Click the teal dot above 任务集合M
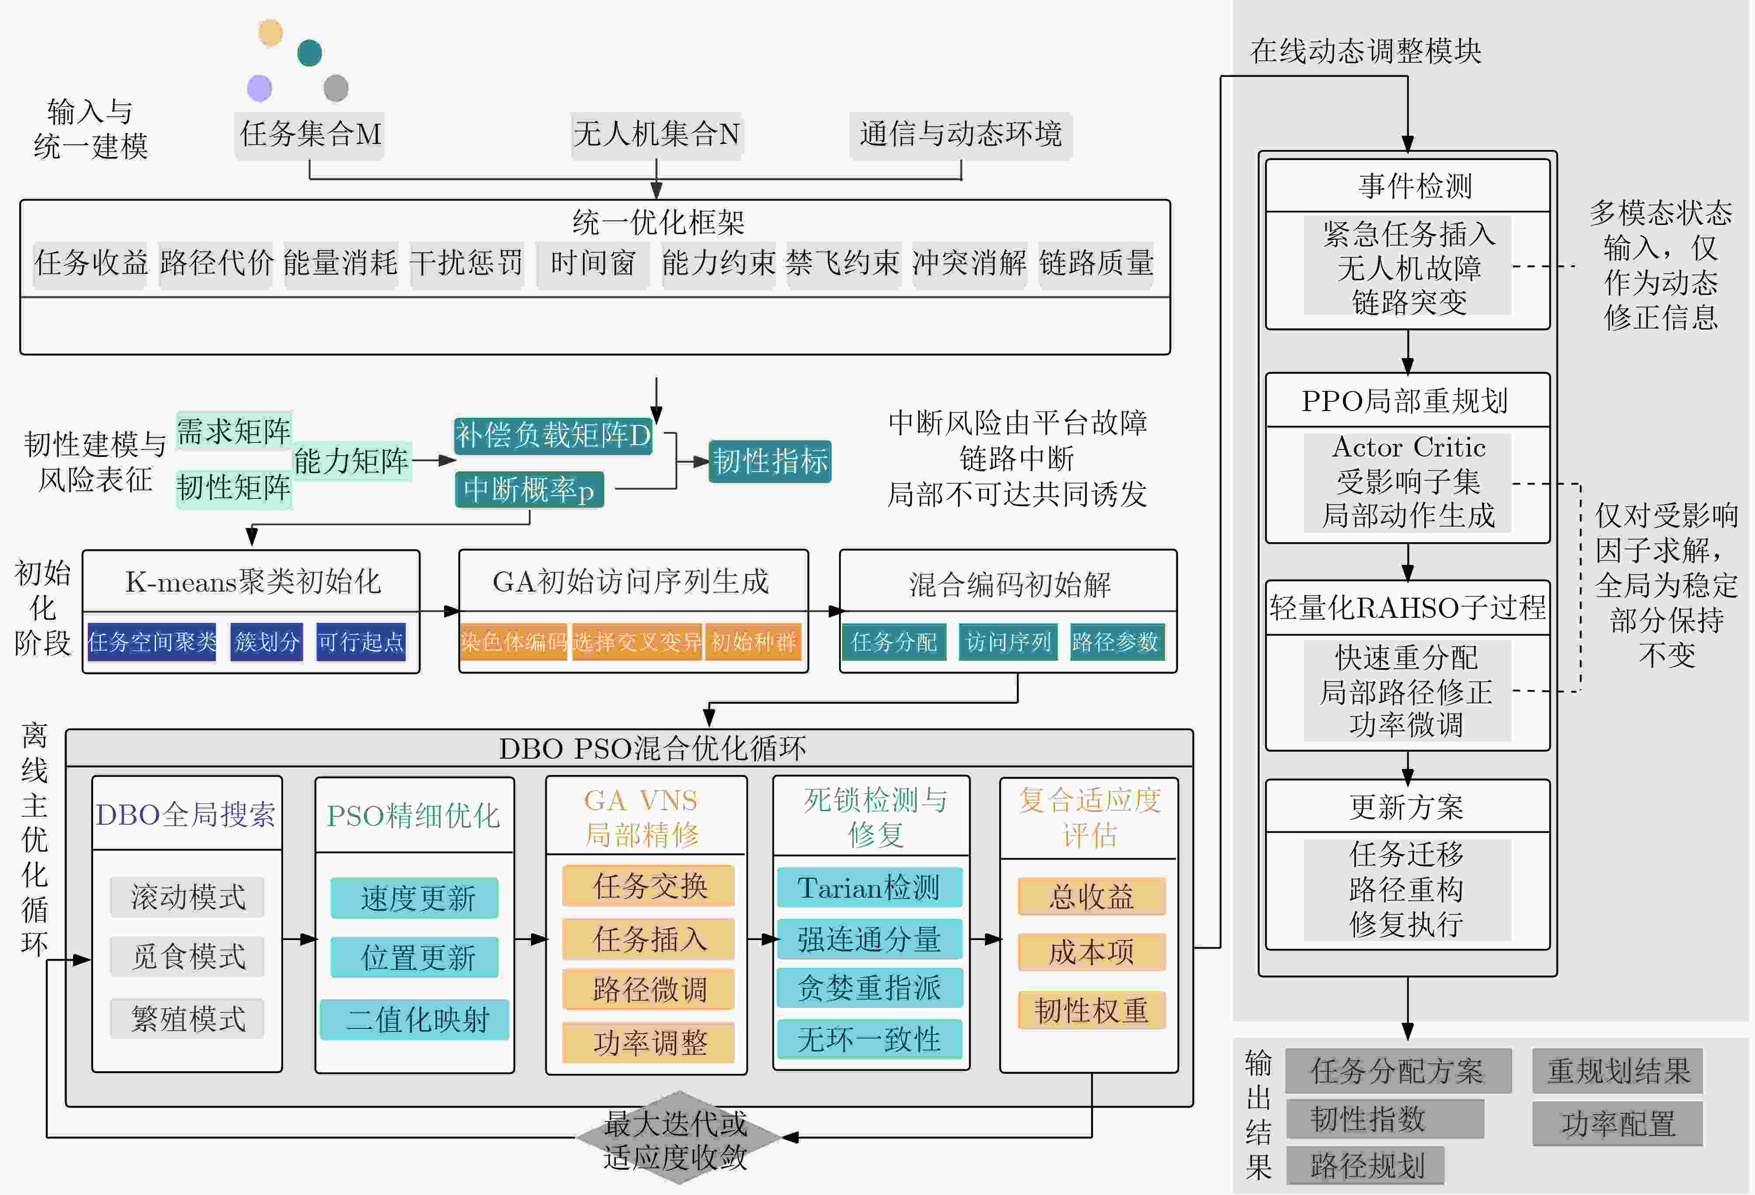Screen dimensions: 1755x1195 coord(310,53)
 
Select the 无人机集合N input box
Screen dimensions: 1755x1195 coord(656,135)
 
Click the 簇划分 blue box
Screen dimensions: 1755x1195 coord(267,642)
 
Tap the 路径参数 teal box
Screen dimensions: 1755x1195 coord(1115,642)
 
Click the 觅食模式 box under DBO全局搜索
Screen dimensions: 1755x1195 coord(187,957)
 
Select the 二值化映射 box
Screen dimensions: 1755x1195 coord(415,1020)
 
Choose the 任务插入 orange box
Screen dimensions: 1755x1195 coord(649,939)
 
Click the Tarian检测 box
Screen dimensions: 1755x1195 coord(869,888)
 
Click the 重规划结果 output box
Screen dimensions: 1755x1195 coord(1617,1070)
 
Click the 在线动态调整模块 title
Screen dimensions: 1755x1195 coord(1365,51)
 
